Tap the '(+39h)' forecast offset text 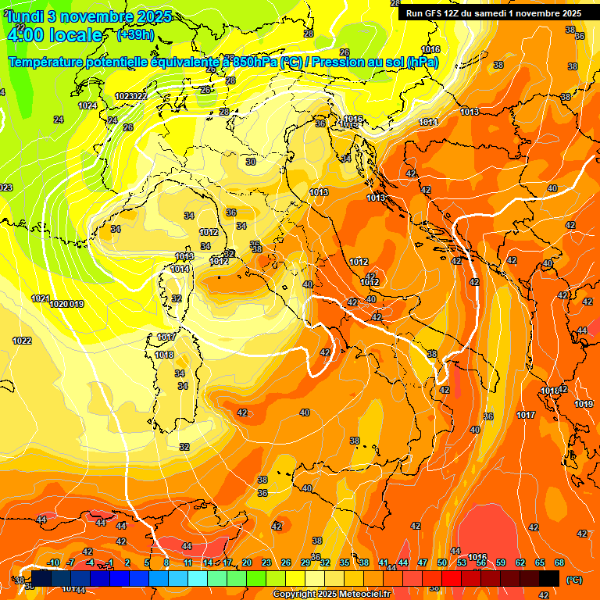(x=135, y=34)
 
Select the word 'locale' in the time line (x=76, y=35)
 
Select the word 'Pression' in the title (x=341, y=62)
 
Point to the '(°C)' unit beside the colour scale (x=573, y=580)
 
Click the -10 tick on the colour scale (x=54, y=562)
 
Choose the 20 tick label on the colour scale (x=247, y=562)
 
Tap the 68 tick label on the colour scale (x=559, y=562)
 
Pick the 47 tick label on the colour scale (x=423, y=562)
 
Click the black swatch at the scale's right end (x=549, y=578)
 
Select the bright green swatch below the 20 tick (x=256, y=578)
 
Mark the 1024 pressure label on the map (x=87, y=105)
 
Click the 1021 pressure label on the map (x=41, y=298)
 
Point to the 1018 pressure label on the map (x=164, y=355)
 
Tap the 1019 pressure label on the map (x=584, y=404)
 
